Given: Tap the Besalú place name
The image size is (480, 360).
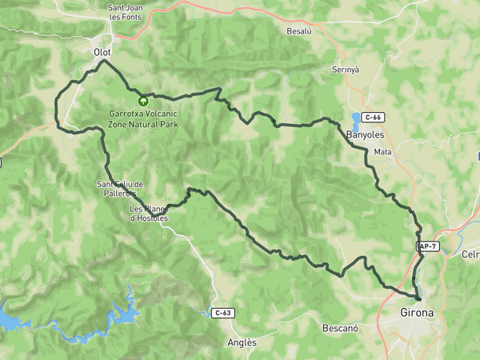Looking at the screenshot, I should tap(298, 30).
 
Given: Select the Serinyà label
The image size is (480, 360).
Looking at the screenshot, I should tap(346, 70).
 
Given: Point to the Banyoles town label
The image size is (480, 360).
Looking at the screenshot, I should tap(366, 135).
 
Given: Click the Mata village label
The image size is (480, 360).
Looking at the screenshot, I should tap(382, 151).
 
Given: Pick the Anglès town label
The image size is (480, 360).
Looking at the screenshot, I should tap(242, 342).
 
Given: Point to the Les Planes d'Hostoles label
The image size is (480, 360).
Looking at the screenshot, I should tap(149, 214).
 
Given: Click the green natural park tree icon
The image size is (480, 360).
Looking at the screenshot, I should tap(144, 101).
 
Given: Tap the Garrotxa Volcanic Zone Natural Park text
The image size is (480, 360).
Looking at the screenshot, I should tap(144, 118).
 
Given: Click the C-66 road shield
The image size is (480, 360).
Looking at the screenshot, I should tap(373, 118).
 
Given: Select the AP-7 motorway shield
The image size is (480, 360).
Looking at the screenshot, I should tap(427, 246).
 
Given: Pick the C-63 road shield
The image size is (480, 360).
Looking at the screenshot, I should tap(224, 312).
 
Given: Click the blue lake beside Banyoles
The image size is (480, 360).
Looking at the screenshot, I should tap(354, 122).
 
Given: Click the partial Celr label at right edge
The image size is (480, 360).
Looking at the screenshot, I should tap(470, 254).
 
